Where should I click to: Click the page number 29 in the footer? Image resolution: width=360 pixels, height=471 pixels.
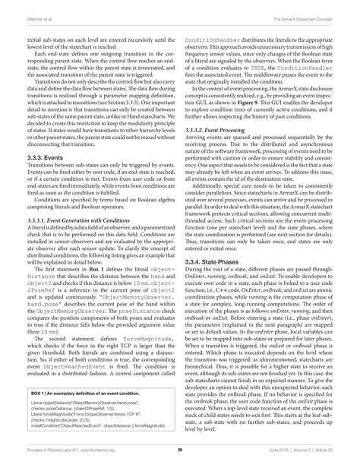pos(180,450)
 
